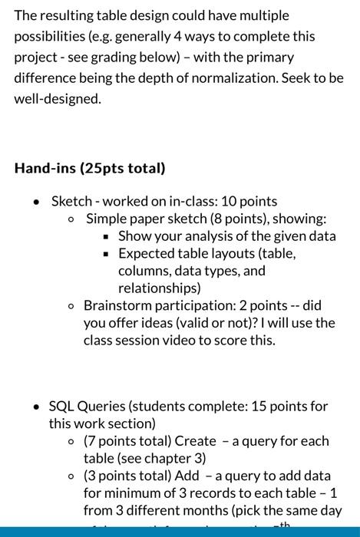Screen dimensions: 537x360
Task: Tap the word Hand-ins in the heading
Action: point(45,167)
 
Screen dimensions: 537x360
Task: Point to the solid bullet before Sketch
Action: point(36,202)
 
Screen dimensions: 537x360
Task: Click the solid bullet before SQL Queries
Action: point(36,407)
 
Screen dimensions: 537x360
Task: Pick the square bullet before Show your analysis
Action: point(107,236)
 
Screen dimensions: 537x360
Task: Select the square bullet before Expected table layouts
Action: point(107,254)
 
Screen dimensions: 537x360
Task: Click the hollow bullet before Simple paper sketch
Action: point(71,219)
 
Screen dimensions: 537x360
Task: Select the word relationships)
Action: point(159,288)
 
